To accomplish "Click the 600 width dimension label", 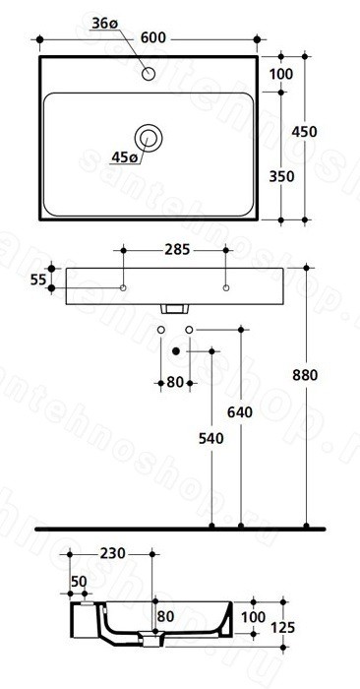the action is tap(153, 38).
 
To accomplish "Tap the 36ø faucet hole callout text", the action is tap(105, 24).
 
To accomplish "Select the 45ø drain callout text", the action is tap(124, 157).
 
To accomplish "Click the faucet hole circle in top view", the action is tap(149, 74).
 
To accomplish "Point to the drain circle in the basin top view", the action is tap(149, 138).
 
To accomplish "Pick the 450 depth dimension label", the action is tap(304, 131).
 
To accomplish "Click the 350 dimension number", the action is tap(281, 176).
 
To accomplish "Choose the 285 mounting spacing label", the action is tap(177, 250).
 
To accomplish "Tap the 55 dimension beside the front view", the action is tap(38, 279).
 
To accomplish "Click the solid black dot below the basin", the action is tap(176, 350).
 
